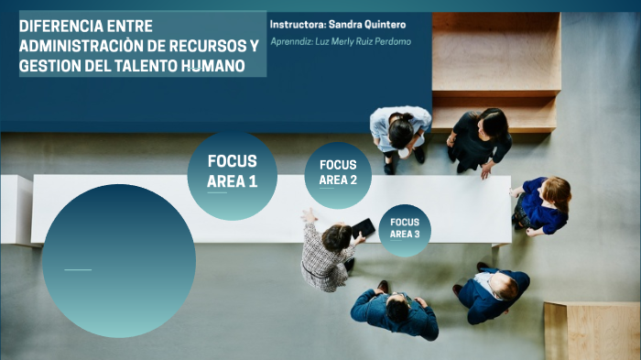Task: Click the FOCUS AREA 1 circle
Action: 232,175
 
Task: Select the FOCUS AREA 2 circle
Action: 338,175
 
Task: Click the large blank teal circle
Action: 119,260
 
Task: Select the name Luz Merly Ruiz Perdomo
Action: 366,42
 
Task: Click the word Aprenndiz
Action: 292,42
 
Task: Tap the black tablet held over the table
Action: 363,227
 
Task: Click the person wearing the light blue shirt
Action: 400,130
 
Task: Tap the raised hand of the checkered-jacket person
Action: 309,216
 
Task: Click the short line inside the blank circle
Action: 78,269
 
